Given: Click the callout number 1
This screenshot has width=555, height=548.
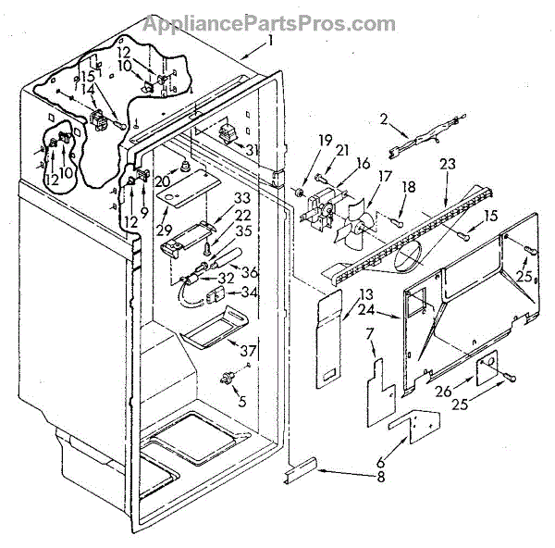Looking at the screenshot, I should coord(270,41).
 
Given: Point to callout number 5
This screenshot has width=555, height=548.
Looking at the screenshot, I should coord(241,401).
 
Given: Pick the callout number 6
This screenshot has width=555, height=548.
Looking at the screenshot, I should coord(370,333).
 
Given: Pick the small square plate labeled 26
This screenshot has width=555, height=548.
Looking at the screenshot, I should coord(487,372).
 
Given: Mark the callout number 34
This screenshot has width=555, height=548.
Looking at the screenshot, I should coord(247,293).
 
